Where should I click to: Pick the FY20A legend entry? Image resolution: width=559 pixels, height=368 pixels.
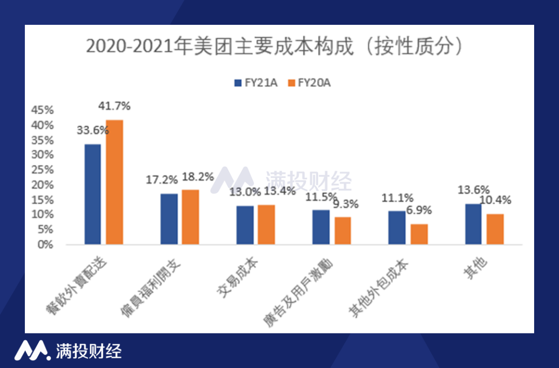(308, 83)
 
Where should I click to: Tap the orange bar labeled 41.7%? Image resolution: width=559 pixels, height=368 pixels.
(114, 182)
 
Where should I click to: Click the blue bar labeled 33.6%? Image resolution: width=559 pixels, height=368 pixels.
(93, 194)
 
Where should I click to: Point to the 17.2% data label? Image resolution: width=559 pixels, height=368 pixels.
(161, 180)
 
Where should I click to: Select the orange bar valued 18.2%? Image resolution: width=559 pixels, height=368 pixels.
(190, 217)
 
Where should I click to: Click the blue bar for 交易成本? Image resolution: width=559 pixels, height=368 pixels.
(245, 225)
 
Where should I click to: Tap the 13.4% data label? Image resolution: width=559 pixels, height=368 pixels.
(280, 191)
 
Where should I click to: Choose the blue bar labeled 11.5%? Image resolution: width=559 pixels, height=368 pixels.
(321, 227)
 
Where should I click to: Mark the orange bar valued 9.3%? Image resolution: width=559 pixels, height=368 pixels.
(343, 230)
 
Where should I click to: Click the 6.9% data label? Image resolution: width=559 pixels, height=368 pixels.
(419, 211)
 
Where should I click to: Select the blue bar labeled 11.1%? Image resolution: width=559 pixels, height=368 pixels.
(397, 227)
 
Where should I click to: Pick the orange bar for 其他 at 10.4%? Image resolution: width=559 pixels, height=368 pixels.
(495, 228)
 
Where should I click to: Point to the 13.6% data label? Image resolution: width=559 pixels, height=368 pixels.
(474, 190)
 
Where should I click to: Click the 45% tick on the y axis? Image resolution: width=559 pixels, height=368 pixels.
(42, 110)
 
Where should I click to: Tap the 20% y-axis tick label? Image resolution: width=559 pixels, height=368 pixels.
(42, 185)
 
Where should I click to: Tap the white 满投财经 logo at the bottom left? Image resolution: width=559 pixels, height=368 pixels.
(68, 351)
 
